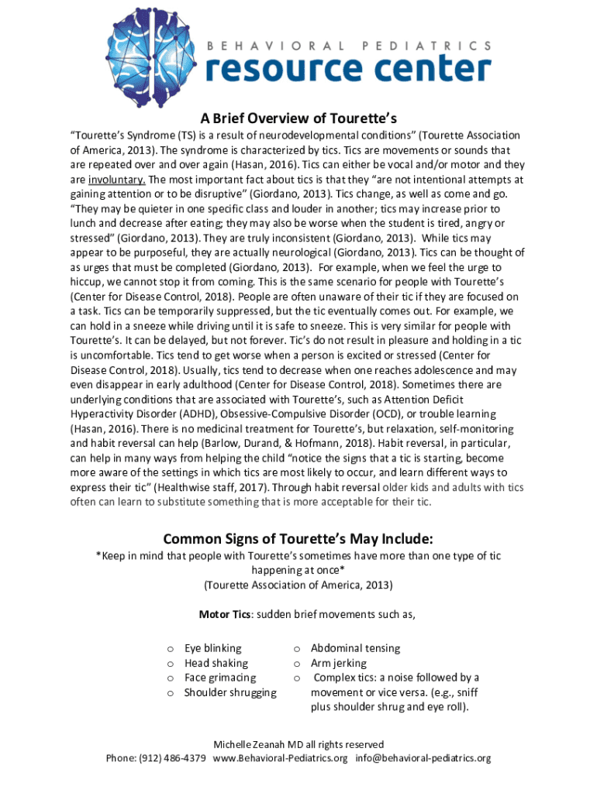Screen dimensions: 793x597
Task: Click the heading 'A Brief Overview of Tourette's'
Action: [x=298, y=118]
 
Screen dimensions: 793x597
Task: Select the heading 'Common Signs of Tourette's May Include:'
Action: [x=298, y=538]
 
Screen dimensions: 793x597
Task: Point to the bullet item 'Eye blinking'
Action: [x=212, y=648]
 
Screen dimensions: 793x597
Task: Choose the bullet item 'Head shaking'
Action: [x=216, y=663]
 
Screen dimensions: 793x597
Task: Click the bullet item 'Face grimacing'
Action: [x=219, y=678]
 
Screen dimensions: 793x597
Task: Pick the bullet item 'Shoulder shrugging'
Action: [x=229, y=692]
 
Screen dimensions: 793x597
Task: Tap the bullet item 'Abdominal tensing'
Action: [x=355, y=648]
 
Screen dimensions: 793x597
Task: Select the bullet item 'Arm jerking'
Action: [x=339, y=663]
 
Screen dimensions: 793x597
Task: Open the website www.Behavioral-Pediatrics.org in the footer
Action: [x=280, y=758]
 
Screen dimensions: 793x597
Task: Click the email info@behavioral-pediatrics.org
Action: [x=423, y=758]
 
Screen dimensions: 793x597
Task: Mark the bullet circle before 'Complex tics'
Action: [x=296, y=678]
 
